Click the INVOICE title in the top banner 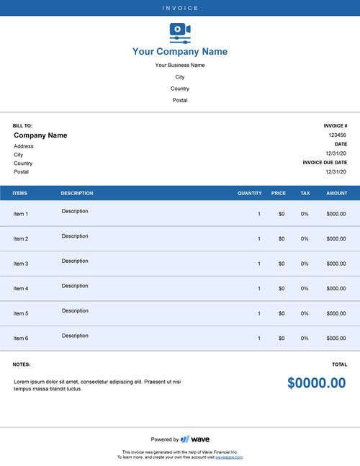(x=180, y=8)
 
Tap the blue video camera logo (x=180, y=32)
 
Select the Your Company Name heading (x=180, y=52)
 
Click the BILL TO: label (x=22, y=125)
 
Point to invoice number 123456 (x=337, y=135)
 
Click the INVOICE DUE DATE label (x=325, y=163)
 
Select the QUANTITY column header (x=250, y=193)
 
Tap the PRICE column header (x=278, y=193)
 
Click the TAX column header (x=305, y=193)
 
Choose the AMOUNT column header (x=336, y=193)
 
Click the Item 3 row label (x=21, y=264)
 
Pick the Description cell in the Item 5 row (x=75, y=310)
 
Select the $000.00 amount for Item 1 (x=336, y=214)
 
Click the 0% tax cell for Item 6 (x=305, y=338)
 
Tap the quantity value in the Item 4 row (x=259, y=288)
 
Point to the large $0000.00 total (x=316, y=383)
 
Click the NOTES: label (x=22, y=364)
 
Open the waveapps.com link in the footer (x=229, y=457)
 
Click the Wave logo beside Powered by (x=195, y=439)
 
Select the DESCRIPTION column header (x=77, y=193)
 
